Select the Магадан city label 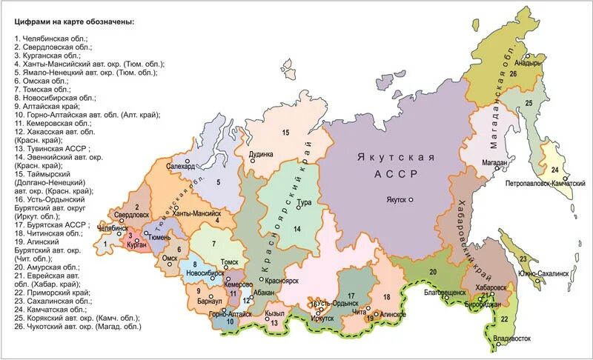point(493,162)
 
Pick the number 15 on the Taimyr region point(285,132)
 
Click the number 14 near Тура point(296,229)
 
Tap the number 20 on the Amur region point(432,272)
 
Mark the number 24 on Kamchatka point(554,149)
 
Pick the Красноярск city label point(281,281)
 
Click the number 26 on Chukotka point(512,74)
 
